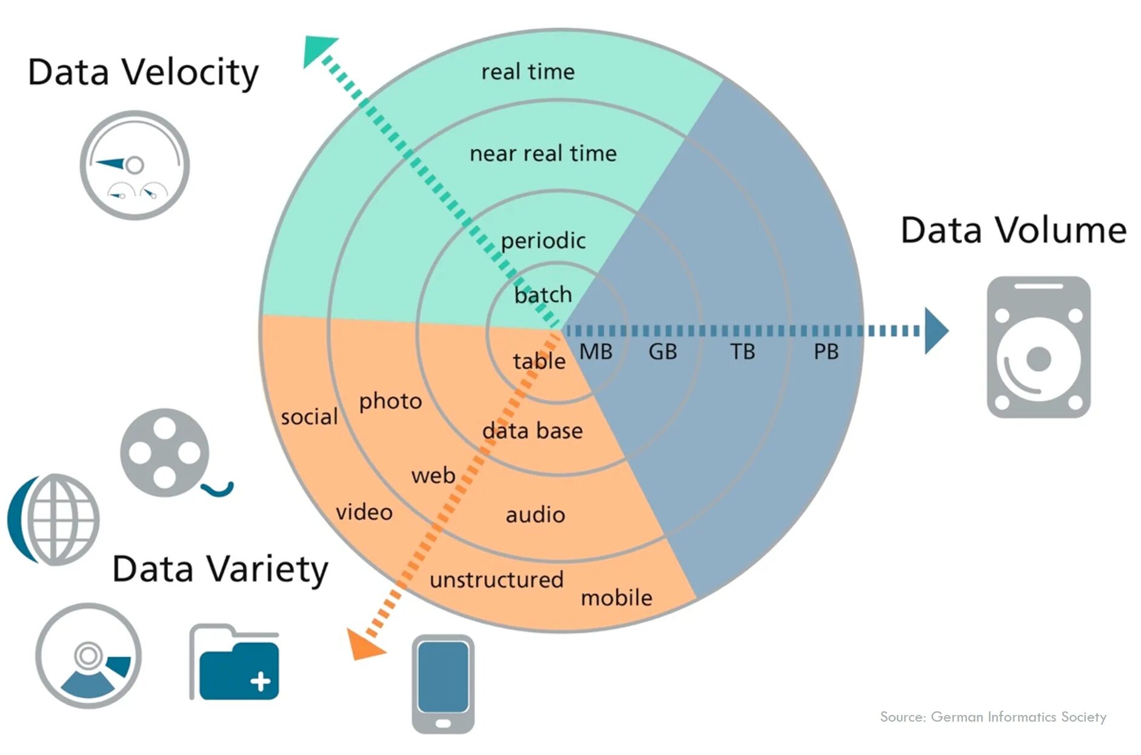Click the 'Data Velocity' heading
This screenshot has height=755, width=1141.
(x=143, y=73)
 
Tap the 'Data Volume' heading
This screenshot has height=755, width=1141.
(x=1013, y=230)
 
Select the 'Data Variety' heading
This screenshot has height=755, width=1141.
(x=220, y=569)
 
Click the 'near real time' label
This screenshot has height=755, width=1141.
(x=543, y=153)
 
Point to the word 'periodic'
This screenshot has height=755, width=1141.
(x=543, y=241)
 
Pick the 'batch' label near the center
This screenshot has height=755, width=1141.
(x=543, y=295)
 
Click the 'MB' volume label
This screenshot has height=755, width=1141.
(x=596, y=352)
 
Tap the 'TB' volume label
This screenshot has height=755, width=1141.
(x=742, y=352)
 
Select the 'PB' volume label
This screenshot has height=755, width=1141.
(x=826, y=352)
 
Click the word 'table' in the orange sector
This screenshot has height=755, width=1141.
(x=539, y=361)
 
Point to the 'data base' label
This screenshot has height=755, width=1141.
(x=532, y=431)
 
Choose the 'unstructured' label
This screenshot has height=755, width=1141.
(x=496, y=580)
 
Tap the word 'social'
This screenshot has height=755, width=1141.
(x=309, y=417)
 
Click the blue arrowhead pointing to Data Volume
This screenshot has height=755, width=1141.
(x=935, y=331)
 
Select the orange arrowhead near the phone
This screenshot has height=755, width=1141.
(x=364, y=645)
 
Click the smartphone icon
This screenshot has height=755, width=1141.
(x=443, y=683)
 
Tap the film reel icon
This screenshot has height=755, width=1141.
(x=165, y=452)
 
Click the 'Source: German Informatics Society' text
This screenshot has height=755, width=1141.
(x=993, y=717)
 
